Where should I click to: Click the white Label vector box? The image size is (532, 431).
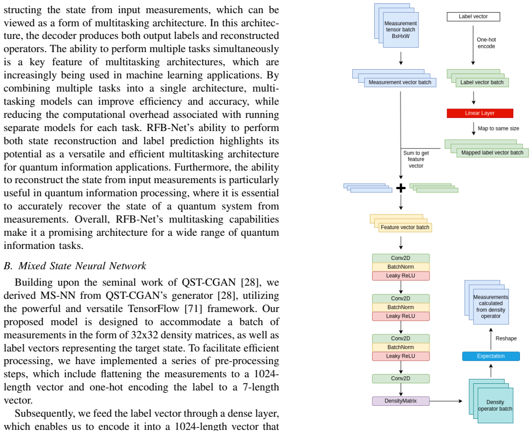coord(473,16)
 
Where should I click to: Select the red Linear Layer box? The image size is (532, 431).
coord(480,113)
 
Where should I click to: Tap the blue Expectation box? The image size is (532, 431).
coord(491,356)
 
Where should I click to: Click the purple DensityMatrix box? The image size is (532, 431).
coord(401,401)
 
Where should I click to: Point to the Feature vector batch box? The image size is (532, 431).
coord(405,227)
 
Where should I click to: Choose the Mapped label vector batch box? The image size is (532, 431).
coord(493,153)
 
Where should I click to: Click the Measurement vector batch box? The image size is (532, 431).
coord(400,82)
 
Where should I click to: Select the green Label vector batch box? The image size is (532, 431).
coord(482,82)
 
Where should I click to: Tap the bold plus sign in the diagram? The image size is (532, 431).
coord(401,188)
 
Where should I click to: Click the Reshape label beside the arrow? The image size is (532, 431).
coord(506,338)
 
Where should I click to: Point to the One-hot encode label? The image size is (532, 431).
coord(486,43)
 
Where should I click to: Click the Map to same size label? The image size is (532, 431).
coord(499,128)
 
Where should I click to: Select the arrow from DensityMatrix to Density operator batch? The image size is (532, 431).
coord(446,401)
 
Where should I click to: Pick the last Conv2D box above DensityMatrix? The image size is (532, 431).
coord(401,378)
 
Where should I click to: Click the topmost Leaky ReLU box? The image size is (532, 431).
coord(401,276)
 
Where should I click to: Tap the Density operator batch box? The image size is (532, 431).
coord(495,405)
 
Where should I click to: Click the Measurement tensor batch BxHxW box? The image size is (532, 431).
coord(401,30)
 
